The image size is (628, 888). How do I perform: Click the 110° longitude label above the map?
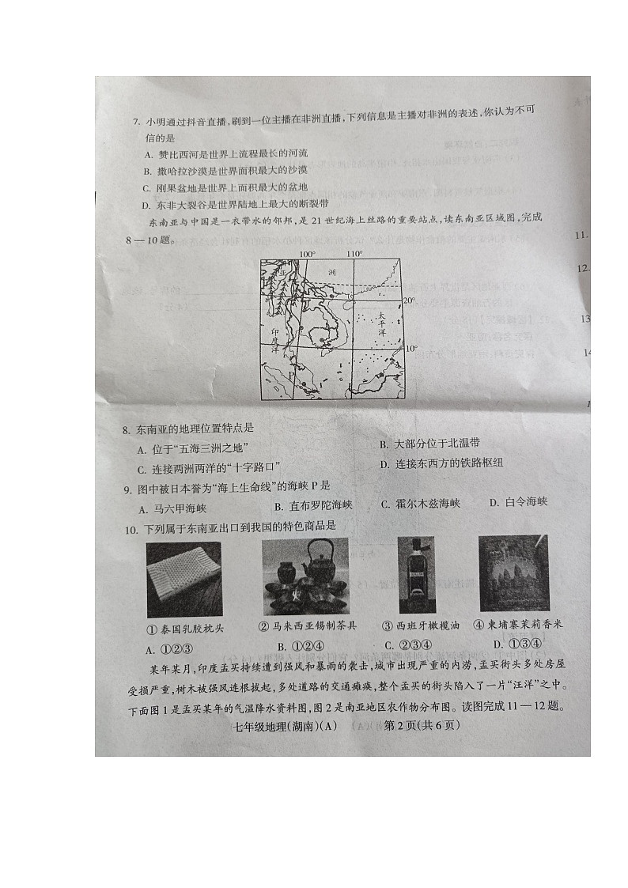coord(354,254)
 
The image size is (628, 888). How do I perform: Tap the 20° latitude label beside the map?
coord(409,300)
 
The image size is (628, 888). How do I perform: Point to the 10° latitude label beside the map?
coord(410,348)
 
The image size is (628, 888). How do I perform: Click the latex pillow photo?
coord(183,579)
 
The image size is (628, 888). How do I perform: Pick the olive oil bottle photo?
coord(416,575)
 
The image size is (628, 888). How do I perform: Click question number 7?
coord(135,122)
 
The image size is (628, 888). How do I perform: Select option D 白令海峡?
coord(518,502)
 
